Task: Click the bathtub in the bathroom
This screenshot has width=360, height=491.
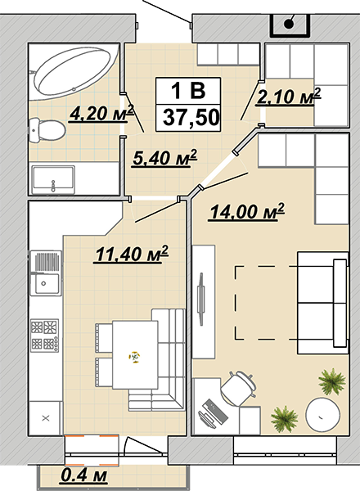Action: click(x=74, y=71)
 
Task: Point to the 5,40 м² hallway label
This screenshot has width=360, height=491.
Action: click(x=164, y=157)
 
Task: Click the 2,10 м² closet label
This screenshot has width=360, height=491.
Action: click(x=289, y=97)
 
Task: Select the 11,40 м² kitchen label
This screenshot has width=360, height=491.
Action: click(x=132, y=254)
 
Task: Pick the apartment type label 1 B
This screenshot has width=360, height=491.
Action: click(x=188, y=91)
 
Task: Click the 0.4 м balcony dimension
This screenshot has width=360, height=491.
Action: click(x=84, y=476)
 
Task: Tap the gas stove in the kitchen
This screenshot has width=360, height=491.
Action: click(x=45, y=336)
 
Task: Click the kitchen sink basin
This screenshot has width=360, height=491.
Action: click(x=46, y=283)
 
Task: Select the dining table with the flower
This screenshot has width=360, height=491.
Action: click(x=135, y=355)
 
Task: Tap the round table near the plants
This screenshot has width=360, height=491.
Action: click(x=322, y=416)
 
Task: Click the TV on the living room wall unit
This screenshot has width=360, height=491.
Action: click(x=200, y=299)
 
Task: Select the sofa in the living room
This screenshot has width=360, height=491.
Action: click(x=323, y=303)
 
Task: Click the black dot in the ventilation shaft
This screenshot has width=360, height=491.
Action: click(x=289, y=24)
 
